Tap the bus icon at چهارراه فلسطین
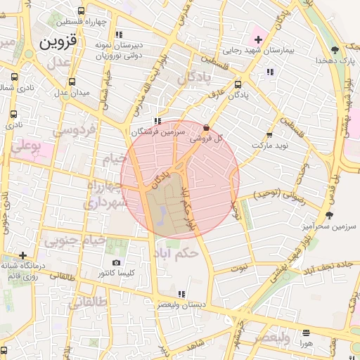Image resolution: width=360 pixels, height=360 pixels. click(82, 11)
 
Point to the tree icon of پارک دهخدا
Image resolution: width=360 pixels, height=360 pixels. click(335, 50)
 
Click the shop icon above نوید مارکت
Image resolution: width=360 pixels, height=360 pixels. click(269, 135)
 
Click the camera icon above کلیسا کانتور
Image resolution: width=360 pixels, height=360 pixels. click(116, 262)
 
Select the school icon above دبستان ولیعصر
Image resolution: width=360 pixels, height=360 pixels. click(181, 294)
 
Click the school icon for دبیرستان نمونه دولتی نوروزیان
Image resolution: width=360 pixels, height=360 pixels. click(119, 34)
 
